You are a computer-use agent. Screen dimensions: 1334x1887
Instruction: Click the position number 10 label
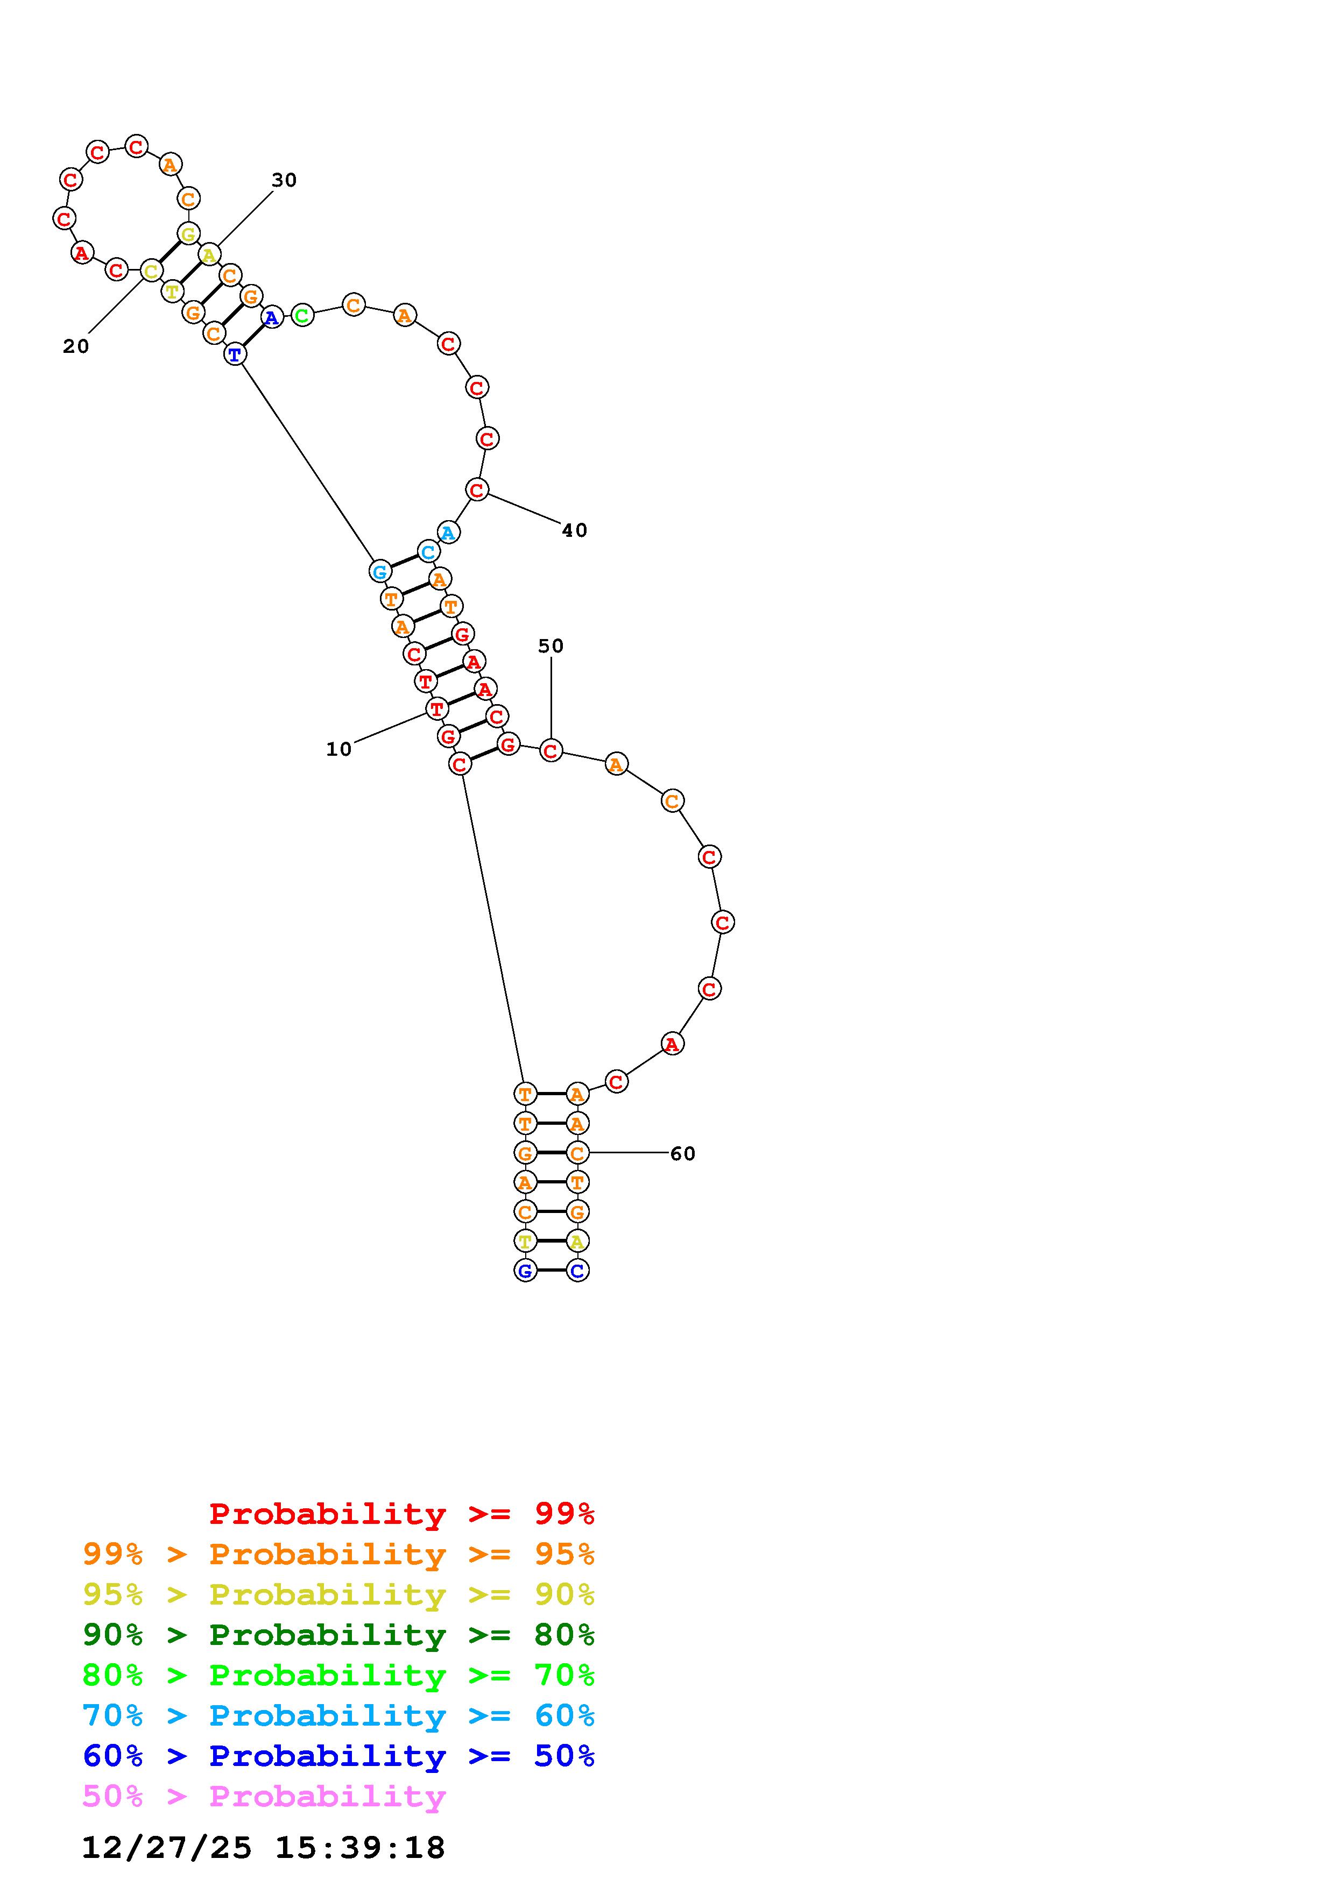(338, 749)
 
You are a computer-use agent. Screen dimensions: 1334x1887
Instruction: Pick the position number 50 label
(550, 646)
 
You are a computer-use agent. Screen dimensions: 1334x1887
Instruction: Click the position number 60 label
(683, 1153)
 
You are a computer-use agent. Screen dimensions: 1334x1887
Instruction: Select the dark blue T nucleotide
(235, 354)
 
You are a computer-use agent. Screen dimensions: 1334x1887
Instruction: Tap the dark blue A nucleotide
(272, 316)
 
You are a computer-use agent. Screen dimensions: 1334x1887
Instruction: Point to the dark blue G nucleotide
(525, 1270)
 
